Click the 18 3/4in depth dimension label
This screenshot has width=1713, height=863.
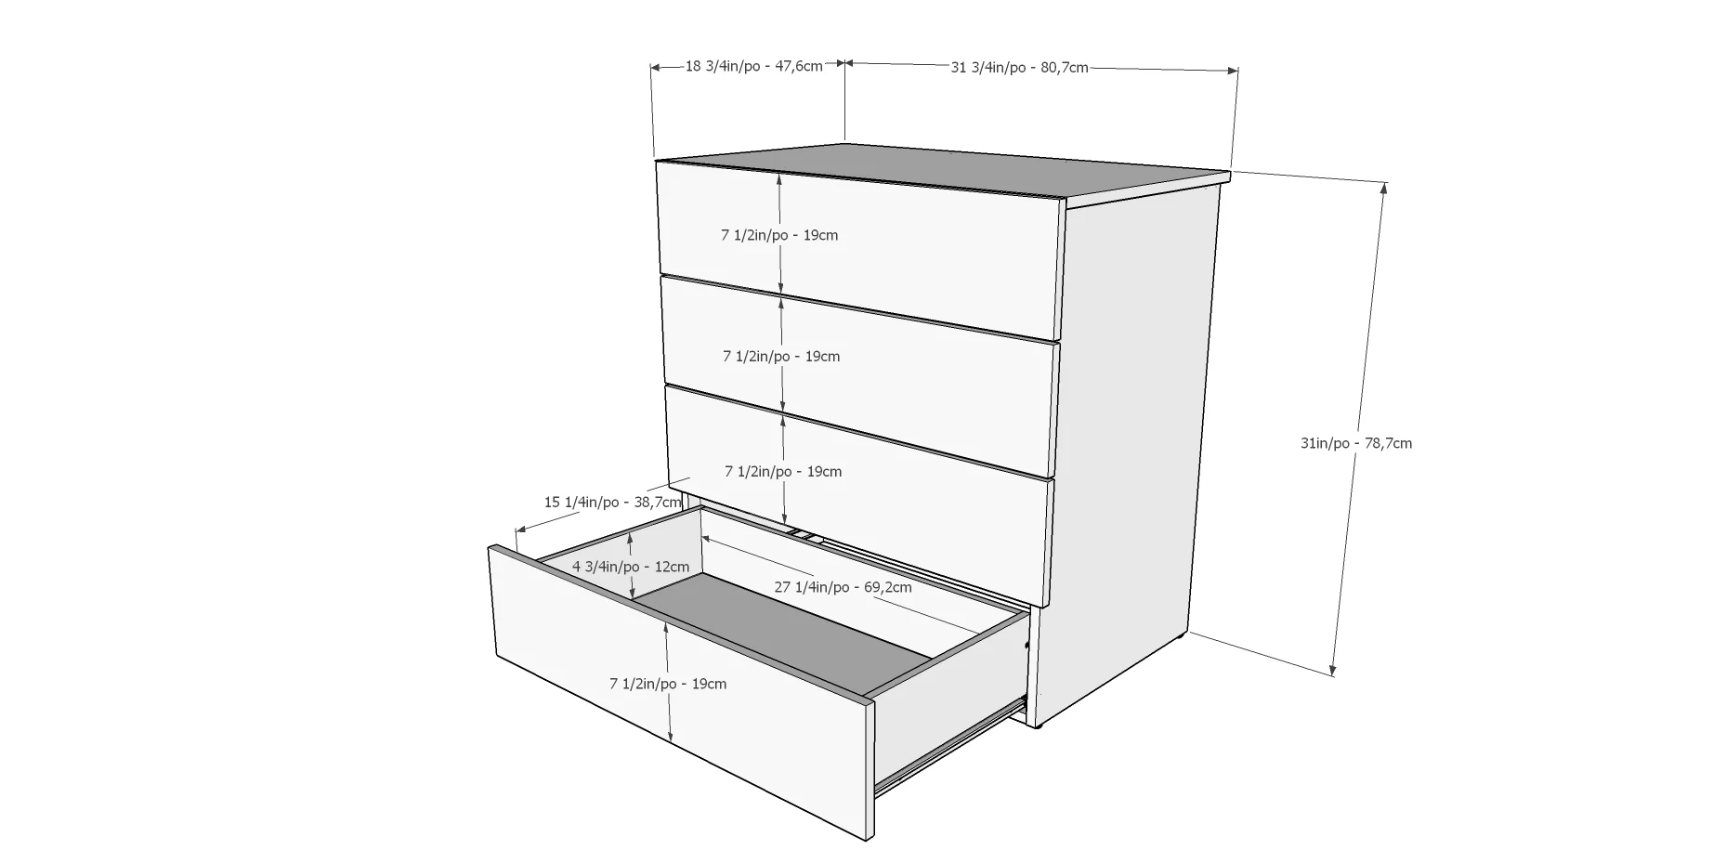pos(753,66)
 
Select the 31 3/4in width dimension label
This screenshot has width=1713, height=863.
pos(1019,67)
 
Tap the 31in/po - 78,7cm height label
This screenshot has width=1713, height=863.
pos(1355,443)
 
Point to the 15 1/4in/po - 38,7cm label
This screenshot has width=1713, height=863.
pos(612,502)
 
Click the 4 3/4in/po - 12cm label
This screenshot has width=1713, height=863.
pos(631,566)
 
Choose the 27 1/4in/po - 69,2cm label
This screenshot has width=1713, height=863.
pos(843,587)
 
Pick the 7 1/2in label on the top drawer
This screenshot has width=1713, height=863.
pos(779,235)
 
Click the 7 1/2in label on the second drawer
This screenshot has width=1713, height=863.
pos(781,356)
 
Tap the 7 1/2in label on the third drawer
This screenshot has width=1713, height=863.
pos(783,471)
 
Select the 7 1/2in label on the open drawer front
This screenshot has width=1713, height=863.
pos(668,684)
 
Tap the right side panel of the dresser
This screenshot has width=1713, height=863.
pos(1129,446)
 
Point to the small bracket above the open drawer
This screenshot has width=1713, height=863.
pos(805,535)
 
